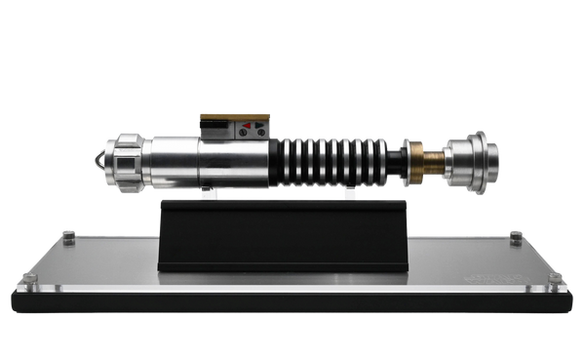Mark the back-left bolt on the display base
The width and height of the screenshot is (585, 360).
click(x=68, y=234)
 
